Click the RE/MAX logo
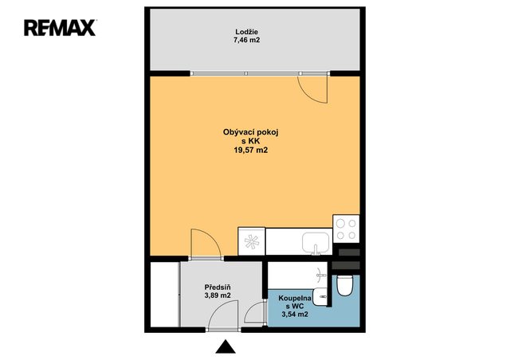[60, 28]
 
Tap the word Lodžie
[246, 32]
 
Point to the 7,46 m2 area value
[246, 41]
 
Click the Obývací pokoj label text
[250, 132]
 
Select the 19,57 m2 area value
[250, 151]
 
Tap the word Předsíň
[218, 288]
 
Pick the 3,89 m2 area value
[218, 295]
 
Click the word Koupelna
[295, 298]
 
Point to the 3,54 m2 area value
[295, 315]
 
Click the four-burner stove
[346, 229]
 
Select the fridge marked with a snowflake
[252, 241]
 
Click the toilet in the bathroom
[344, 285]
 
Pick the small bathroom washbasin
[320, 296]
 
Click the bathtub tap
[321, 275]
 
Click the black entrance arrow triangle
[226, 346]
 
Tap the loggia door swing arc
[308, 94]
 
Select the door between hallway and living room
[206, 243]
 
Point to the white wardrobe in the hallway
[164, 295]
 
